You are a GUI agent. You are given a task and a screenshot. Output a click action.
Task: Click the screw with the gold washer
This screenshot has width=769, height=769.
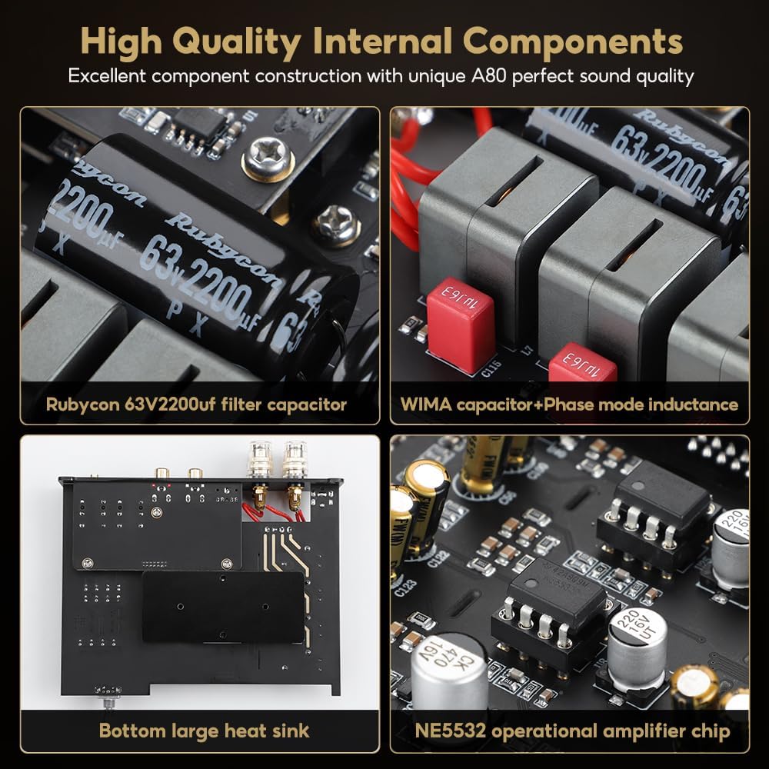click(x=268, y=160)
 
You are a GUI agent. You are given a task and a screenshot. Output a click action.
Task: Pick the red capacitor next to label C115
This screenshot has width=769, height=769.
click(x=460, y=324)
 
